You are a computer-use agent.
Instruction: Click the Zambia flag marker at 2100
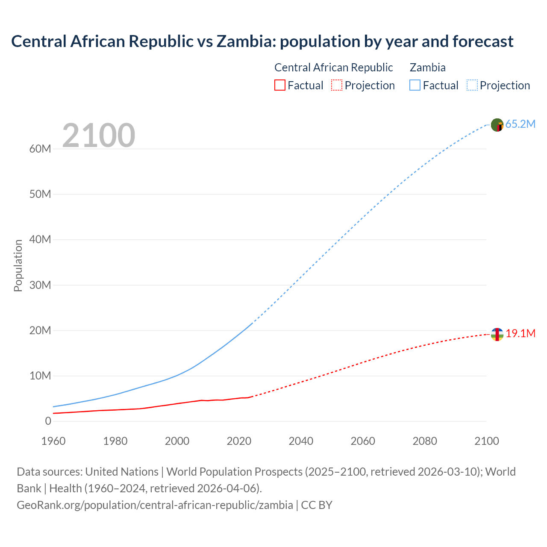[x=497, y=125]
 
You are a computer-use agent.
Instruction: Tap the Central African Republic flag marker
[x=497, y=334]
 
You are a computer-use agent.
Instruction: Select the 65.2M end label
[x=520, y=124]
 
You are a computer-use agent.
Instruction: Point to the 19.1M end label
[x=521, y=334]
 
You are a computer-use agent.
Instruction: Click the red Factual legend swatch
[x=279, y=85]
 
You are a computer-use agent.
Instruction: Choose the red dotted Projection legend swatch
[x=337, y=85]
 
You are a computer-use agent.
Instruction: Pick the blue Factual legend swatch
[x=415, y=85]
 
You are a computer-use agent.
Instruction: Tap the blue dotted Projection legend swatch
[x=472, y=85]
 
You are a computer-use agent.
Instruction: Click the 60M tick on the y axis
[x=40, y=149]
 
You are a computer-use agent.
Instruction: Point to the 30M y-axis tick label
[x=40, y=285]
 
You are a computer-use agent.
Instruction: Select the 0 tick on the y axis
[x=48, y=421]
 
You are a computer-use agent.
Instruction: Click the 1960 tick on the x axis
[x=53, y=441]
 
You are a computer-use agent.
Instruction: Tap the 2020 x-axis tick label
[x=239, y=441]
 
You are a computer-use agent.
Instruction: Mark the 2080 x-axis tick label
[x=425, y=441]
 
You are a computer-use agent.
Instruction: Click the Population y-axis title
[x=18, y=265]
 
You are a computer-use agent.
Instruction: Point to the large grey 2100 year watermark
[x=99, y=135]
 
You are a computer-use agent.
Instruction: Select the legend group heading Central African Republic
[x=333, y=68]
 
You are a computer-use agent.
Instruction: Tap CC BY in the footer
[x=317, y=505]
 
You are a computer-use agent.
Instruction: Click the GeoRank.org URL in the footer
[x=155, y=505]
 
